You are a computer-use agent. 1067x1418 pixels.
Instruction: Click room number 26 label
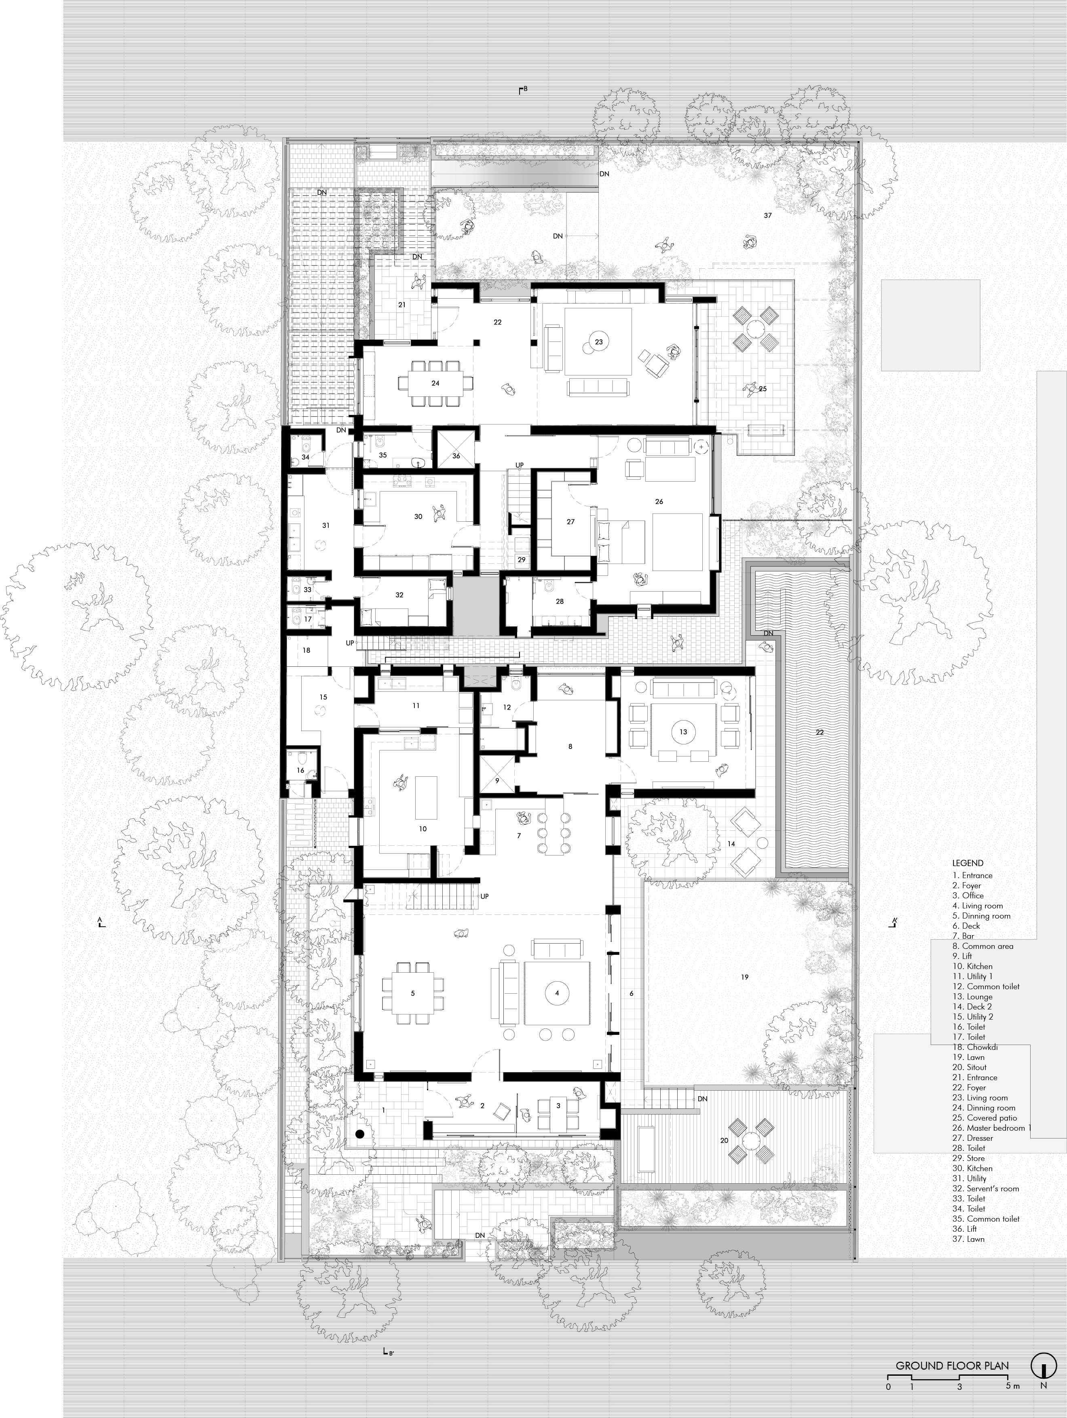pos(659,501)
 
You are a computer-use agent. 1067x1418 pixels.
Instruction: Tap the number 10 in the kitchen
pos(423,829)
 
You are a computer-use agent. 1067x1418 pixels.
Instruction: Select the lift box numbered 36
pos(456,456)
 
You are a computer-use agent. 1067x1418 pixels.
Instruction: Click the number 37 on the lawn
pos(767,215)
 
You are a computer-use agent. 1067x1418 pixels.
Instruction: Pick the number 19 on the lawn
pos(744,977)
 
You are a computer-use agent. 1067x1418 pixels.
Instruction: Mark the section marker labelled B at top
pos(523,90)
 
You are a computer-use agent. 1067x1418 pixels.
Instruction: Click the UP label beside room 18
pos(349,643)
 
